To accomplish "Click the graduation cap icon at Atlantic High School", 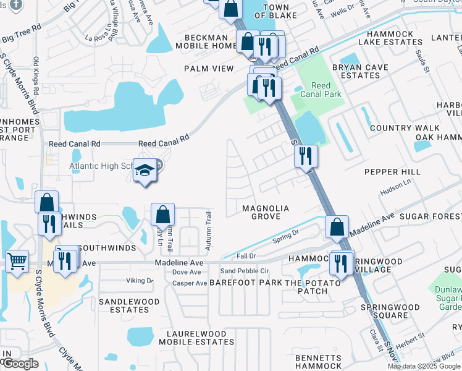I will [145, 169].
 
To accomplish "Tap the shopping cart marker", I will [17, 260].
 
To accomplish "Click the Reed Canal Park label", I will [321, 90].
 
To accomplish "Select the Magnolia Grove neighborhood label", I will [266, 212].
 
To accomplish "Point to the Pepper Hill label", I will [392, 171].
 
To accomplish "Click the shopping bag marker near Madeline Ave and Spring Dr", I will [337, 227].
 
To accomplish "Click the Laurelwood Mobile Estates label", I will [196, 337].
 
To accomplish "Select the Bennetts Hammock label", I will [318, 362].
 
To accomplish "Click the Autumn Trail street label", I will [208, 230].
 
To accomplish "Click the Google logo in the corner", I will [20, 364].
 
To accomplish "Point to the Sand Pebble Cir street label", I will [245, 271].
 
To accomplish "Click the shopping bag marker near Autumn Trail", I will [162, 215].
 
